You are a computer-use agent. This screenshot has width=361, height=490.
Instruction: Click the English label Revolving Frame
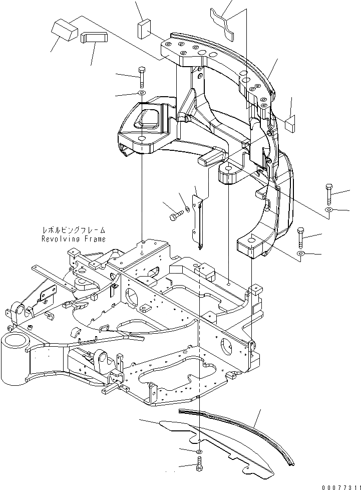(x=74, y=239)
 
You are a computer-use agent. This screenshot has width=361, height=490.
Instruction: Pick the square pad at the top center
(x=143, y=29)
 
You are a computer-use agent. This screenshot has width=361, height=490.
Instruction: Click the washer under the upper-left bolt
(x=142, y=94)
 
